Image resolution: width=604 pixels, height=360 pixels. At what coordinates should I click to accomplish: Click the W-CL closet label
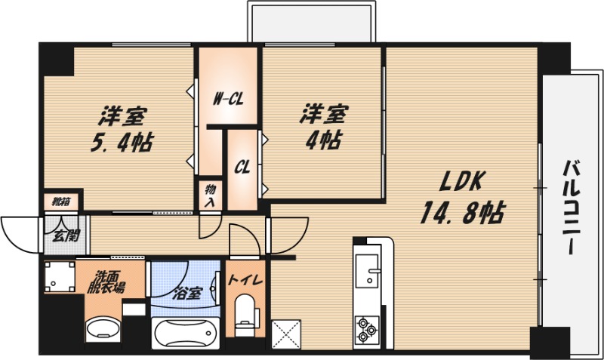(229, 100)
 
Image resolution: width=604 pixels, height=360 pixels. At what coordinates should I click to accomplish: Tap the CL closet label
(242, 167)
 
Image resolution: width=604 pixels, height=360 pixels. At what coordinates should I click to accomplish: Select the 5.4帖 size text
(122, 142)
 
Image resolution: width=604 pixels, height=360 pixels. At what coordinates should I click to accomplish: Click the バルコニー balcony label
(572, 207)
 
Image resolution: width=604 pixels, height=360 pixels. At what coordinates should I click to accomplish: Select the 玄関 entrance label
(66, 235)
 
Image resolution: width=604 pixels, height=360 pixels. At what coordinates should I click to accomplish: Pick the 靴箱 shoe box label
(61, 201)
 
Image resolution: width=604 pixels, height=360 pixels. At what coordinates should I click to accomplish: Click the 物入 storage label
(211, 196)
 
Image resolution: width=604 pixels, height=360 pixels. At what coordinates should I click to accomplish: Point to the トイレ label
(245, 279)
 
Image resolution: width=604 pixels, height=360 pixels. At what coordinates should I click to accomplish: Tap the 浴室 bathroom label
(186, 294)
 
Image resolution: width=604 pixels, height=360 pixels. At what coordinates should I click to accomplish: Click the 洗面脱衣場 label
(106, 282)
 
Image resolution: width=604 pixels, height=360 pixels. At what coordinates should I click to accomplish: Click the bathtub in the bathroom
(186, 333)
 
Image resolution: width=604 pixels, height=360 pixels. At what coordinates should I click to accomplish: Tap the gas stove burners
(366, 329)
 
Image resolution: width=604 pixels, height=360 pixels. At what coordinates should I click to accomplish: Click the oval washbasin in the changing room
(103, 329)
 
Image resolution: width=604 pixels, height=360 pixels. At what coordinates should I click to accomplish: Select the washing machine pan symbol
(60, 276)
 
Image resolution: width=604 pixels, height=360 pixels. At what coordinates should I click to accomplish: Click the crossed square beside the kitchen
(286, 334)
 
